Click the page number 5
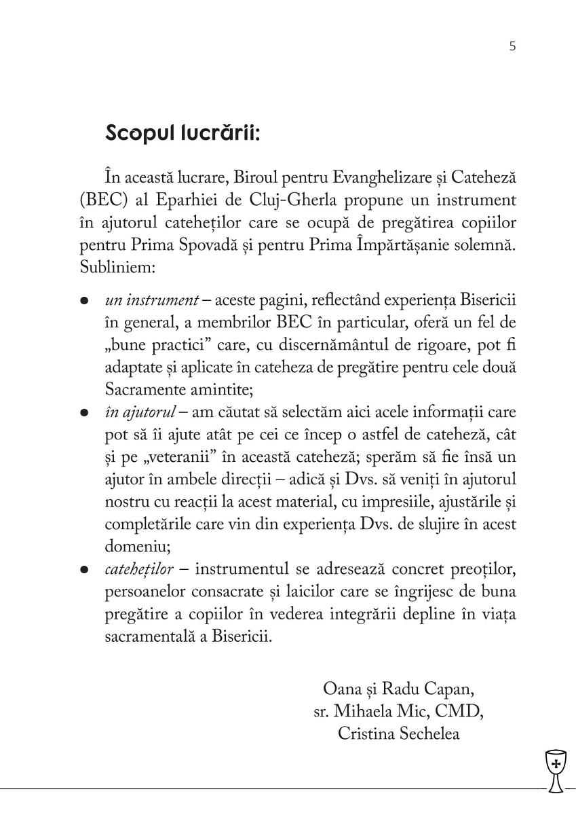[512, 47]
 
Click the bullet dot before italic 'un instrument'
[84, 300]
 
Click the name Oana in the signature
[345, 690]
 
